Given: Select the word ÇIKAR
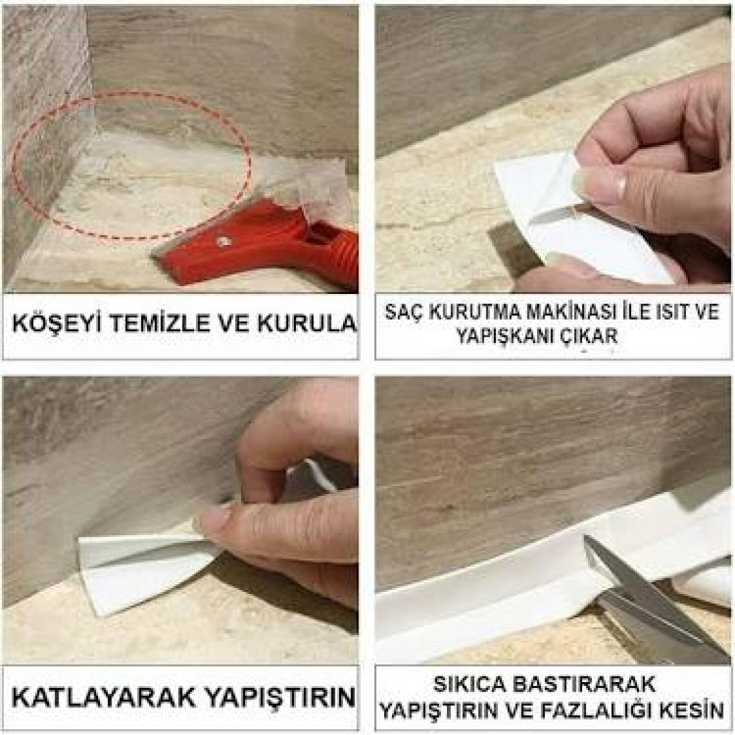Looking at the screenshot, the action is [592, 336].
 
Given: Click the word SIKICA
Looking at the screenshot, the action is [469, 685].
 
